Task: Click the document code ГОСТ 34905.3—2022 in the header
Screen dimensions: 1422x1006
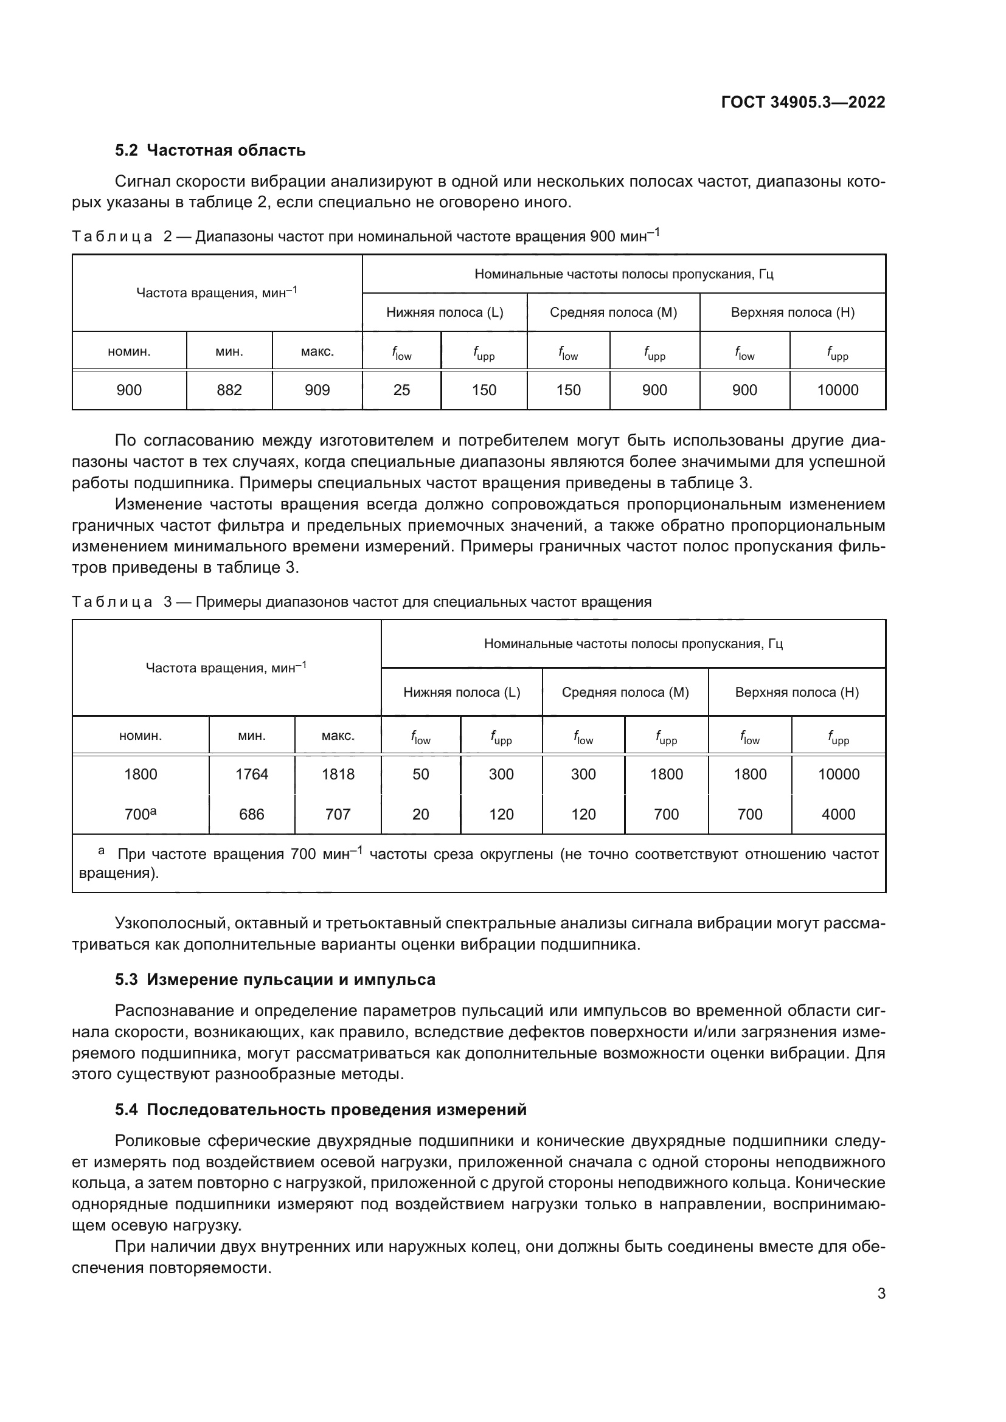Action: (803, 102)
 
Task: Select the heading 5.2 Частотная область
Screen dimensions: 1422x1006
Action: (210, 151)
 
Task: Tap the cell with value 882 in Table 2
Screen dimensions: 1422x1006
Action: (229, 390)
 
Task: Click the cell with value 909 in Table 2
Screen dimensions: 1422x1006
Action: (317, 390)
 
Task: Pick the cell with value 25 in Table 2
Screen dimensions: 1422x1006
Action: (401, 390)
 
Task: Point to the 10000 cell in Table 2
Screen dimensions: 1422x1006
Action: (838, 390)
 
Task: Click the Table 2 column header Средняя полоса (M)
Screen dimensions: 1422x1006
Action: (613, 312)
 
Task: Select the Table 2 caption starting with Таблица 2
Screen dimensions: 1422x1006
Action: (366, 236)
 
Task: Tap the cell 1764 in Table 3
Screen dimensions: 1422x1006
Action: (252, 774)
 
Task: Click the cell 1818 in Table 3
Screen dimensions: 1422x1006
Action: (338, 774)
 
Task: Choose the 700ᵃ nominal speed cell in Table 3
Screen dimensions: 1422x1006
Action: (140, 814)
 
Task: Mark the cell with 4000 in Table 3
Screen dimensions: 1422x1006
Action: (838, 815)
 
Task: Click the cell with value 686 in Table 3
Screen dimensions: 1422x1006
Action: (252, 815)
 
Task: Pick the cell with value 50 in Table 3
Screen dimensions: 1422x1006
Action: (421, 774)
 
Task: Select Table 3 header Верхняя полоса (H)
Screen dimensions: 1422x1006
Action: (797, 692)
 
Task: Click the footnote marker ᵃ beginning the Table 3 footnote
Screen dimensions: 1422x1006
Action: (102, 852)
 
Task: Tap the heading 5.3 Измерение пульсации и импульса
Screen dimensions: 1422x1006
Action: (275, 979)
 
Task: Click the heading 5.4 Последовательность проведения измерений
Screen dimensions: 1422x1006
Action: (321, 1110)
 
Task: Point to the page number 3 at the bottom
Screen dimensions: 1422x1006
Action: (881, 1293)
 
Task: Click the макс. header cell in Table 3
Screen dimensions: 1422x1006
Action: (338, 736)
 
